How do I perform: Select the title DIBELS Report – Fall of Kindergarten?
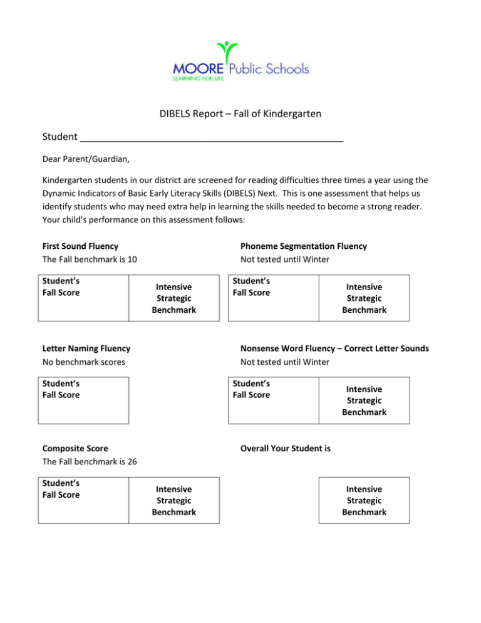pos(240,115)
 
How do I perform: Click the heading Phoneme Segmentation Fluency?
pos(303,246)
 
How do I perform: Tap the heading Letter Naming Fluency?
pos(86,348)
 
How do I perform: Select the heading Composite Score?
pos(75,448)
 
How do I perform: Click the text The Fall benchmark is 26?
pos(90,462)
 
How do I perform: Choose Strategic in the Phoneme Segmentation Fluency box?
pos(364,298)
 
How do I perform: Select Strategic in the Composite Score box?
pos(173,500)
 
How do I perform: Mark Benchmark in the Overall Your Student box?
pos(364,512)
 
